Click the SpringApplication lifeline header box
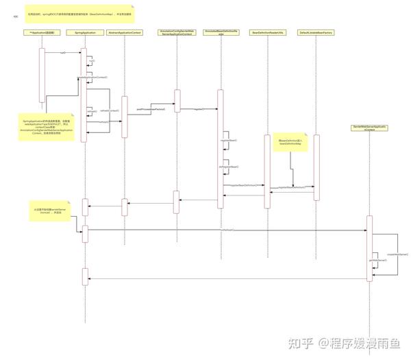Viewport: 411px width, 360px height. pyautogui.click(x=84, y=32)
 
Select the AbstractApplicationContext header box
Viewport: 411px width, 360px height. pyautogui.click(x=125, y=32)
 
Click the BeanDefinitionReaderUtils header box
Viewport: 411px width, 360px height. pyautogui.click(x=266, y=32)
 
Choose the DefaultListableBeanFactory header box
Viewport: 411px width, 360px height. pyautogui.click(x=316, y=32)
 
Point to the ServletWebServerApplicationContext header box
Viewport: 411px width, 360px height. pyautogui.click(x=370, y=128)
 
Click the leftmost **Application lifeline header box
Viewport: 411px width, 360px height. pyautogui.click(x=42, y=32)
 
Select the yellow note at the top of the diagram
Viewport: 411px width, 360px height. pyautogui.click(x=80, y=13)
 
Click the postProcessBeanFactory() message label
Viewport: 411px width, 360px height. pyautogui.click(x=151, y=109)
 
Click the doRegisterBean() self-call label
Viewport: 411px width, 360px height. pyautogui.click(x=229, y=167)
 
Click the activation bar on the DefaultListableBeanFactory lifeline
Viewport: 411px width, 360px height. pyautogui.click(x=316, y=167)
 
